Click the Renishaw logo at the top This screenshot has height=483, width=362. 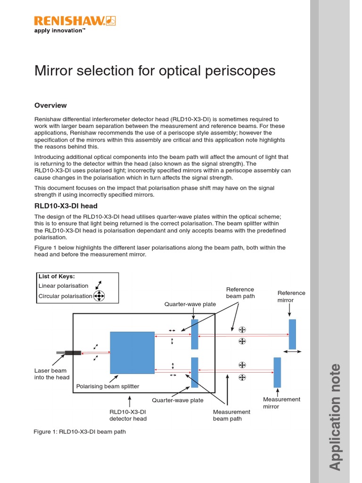coord(74,20)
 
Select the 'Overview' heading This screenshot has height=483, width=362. coord(50,105)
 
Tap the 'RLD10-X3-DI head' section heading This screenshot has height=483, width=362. coord(66,206)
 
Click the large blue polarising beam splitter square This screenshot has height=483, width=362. coord(132,352)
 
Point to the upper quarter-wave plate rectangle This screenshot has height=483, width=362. coord(195,334)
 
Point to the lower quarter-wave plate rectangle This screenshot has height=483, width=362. coord(195,372)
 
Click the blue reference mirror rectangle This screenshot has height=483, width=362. coord(292,334)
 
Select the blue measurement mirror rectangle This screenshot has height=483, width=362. coord(277,372)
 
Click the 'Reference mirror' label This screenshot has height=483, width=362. coord(291,296)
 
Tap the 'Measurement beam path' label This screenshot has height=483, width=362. coord(231,415)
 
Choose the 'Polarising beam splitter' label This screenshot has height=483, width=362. coord(107,386)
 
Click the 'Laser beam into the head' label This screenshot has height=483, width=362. coord(52,374)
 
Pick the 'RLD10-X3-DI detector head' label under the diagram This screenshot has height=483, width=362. coord(128,415)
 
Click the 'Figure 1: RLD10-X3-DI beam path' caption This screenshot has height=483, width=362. coord(80,432)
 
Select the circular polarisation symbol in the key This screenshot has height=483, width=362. coord(99,296)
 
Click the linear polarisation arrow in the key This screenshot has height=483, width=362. coord(99,285)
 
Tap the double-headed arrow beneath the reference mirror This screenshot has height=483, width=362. coord(292,352)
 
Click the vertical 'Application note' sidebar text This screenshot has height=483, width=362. coord(335,416)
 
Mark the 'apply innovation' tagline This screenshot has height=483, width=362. coord(59,31)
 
